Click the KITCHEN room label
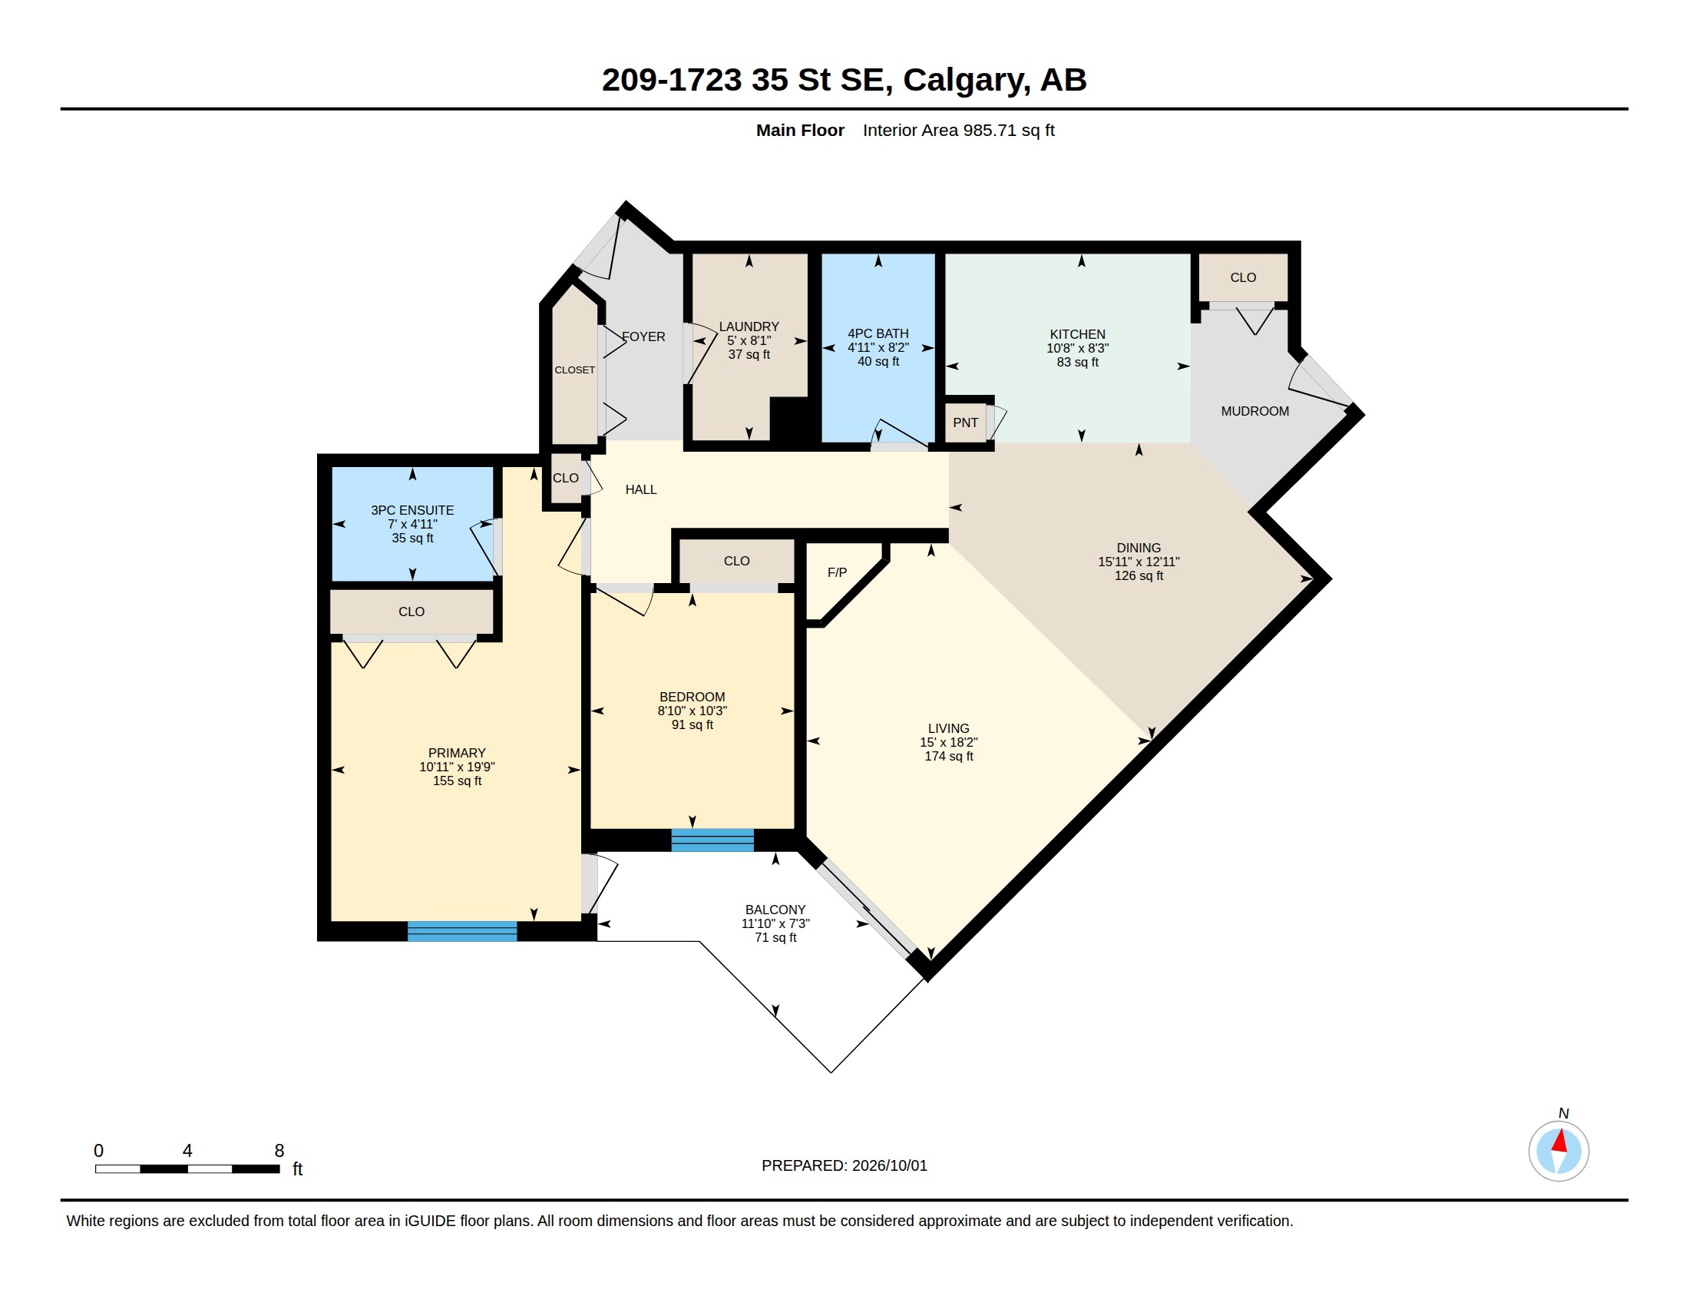[x=1077, y=334]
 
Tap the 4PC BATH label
[x=878, y=333]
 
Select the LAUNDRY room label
[x=749, y=326]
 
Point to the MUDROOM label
[x=1254, y=411]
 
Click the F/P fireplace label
[x=837, y=572]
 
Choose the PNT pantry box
[x=965, y=423]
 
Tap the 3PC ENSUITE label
[x=412, y=510]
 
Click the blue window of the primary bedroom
[x=461, y=931]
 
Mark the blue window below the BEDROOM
[x=712, y=840]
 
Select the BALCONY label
[x=775, y=910]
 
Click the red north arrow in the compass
[x=1559, y=1140]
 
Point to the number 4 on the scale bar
[x=187, y=1151]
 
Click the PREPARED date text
[x=844, y=1165]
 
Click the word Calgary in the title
[x=967, y=80]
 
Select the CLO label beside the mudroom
[x=1243, y=277]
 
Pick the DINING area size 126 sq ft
[x=1139, y=575]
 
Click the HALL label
[x=640, y=489]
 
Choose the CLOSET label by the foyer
[x=574, y=370]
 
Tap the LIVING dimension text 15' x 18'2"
[x=948, y=742]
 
